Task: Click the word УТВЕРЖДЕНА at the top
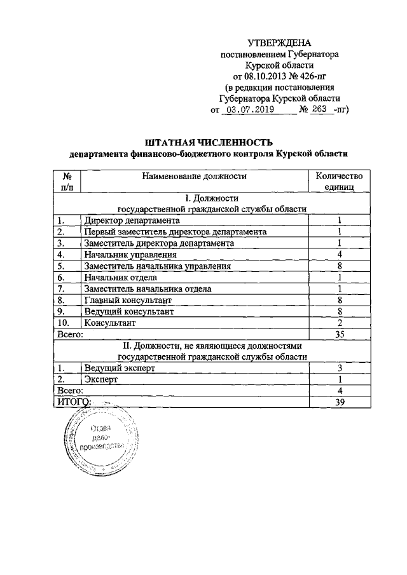(279, 43)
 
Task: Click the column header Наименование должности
(194, 176)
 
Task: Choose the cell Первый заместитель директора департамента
(175, 231)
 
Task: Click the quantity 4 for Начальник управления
(340, 254)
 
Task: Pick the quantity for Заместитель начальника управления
(340, 266)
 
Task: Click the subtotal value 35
(340, 334)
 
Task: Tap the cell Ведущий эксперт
(119, 367)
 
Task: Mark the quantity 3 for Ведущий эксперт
(340, 367)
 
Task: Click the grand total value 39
(340, 402)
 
